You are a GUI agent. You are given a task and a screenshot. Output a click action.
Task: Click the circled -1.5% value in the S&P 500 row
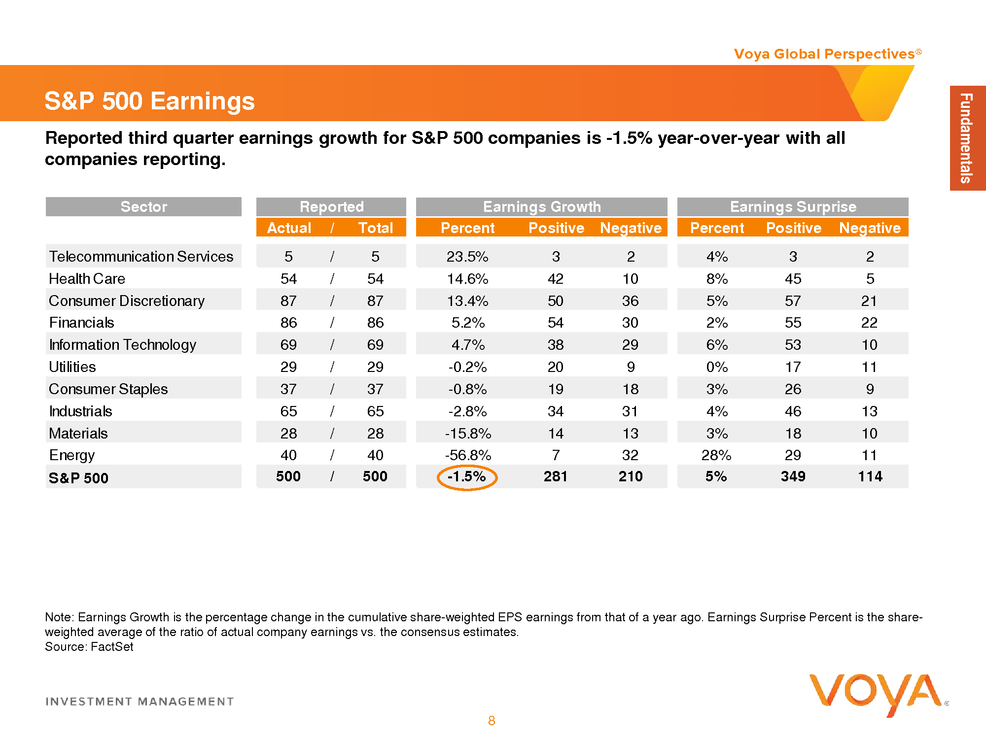coord(467,477)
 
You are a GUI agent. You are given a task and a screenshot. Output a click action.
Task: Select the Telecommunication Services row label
coord(141,257)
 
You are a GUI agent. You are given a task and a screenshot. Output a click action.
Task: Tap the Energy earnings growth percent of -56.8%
coord(468,455)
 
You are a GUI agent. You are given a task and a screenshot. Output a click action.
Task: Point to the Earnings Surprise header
coord(793,207)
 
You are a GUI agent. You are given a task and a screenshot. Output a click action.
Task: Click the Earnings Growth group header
coord(541,207)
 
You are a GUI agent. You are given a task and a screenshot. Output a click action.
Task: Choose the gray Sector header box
coord(143,207)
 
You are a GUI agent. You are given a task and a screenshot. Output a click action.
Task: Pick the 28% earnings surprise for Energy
coord(716,455)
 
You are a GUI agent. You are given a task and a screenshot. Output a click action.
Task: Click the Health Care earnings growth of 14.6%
coord(467,279)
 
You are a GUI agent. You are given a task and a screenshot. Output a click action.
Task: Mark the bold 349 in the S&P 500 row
coord(793,476)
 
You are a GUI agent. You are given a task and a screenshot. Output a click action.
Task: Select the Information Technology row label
coord(122,345)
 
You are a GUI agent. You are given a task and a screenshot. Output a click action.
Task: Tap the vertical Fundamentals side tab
coord(967,138)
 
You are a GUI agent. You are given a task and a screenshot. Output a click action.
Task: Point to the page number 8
coord(492,721)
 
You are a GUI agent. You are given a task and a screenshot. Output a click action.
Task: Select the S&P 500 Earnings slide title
coord(149,101)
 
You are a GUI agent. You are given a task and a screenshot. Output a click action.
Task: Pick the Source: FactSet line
coord(89,647)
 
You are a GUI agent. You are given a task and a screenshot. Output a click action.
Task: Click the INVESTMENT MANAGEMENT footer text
coord(140,702)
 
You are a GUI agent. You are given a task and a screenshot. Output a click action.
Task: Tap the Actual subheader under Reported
coord(289,228)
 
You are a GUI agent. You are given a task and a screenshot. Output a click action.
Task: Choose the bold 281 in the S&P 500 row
coord(556,476)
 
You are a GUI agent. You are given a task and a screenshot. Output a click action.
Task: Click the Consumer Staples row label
coord(108,389)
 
